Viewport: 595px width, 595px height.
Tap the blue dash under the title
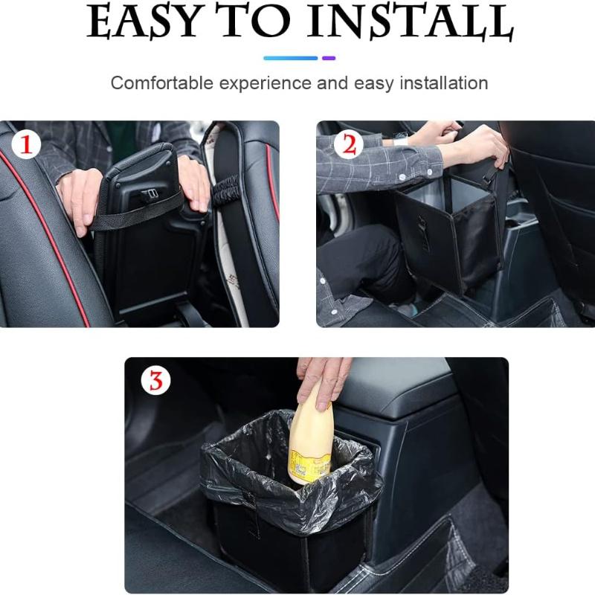point(290,58)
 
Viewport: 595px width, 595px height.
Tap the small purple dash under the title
point(329,58)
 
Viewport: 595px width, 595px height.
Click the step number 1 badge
point(26,145)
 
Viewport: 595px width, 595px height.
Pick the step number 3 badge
point(155,381)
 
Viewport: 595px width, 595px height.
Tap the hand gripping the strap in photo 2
point(480,145)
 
